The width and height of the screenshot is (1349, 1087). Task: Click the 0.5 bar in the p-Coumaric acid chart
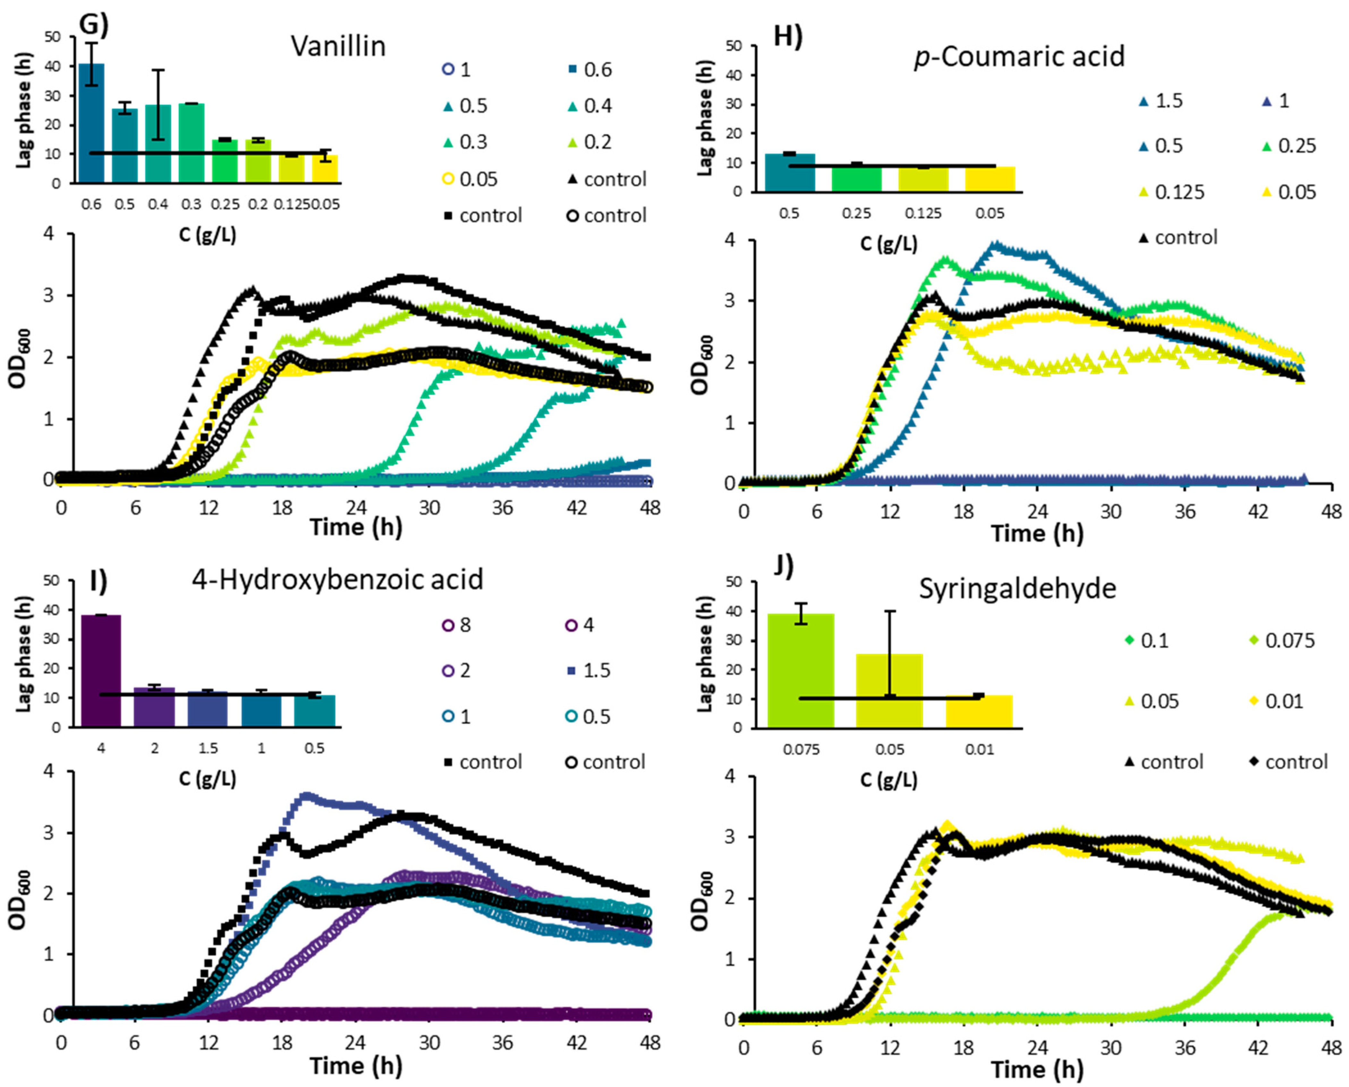789,172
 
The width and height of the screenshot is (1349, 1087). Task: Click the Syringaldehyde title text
1017,589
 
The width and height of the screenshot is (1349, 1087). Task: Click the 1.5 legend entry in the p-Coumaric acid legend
1161,101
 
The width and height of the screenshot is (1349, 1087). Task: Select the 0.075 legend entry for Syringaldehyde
1281,640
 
